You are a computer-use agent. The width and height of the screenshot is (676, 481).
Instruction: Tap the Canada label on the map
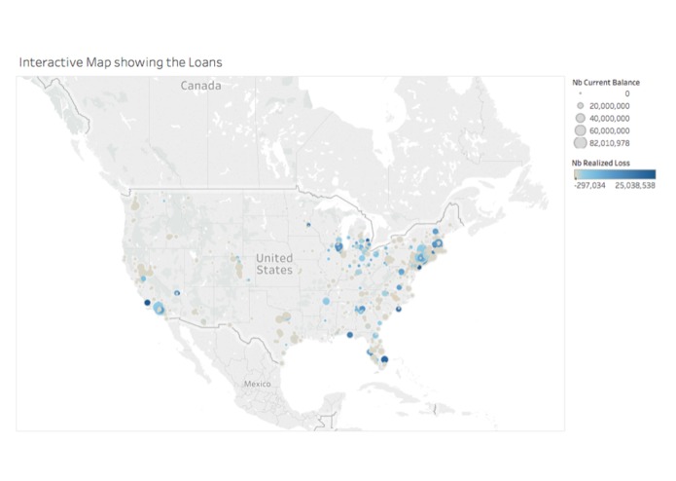(200, 87)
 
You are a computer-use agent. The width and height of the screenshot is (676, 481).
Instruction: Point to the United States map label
(273, 263)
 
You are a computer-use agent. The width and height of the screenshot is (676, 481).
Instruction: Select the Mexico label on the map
(258, 384)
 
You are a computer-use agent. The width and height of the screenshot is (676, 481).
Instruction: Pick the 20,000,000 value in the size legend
(610, 105)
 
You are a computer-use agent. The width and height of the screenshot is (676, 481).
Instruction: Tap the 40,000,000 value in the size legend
(610, 117)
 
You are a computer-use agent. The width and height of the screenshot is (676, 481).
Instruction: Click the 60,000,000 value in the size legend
(610, 129)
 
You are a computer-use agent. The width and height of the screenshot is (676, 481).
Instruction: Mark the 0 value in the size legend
(627, 93)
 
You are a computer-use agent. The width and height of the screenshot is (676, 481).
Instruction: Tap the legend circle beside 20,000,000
(579, 105)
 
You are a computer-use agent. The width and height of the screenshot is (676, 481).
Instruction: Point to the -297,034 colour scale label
(587, 183)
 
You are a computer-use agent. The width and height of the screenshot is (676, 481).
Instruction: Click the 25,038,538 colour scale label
(635, 183)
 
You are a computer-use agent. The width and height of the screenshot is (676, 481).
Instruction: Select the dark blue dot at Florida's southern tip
(383, 360)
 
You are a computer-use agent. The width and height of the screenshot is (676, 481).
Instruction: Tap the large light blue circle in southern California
(159, 311)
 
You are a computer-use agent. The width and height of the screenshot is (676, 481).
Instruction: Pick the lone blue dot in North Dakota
(307, 225)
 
